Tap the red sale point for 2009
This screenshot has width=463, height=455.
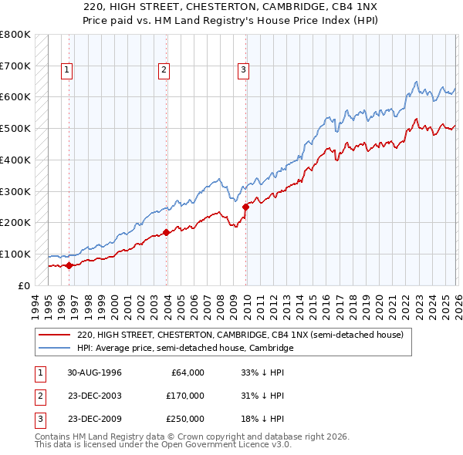click(246, 207)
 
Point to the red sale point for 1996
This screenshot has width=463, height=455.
click(69, 265)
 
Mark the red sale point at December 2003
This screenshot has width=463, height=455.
click(167, 232)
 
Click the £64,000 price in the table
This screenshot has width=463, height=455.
click(185, 372)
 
